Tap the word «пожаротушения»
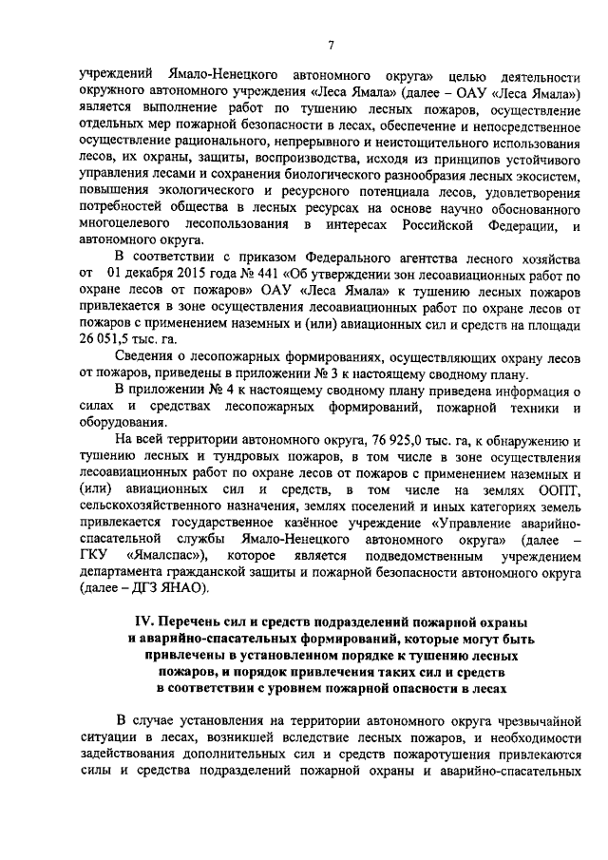417,752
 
